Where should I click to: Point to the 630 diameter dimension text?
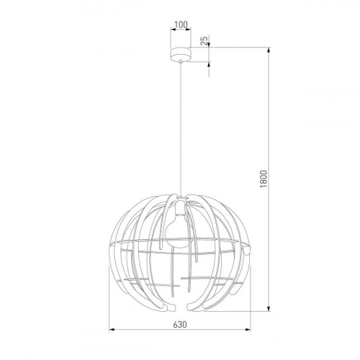(x=180, y=324)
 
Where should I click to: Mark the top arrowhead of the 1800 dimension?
(x=271, y=50)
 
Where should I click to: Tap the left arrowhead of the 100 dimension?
(x=171, y=31)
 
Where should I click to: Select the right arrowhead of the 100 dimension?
(x=189, y=31)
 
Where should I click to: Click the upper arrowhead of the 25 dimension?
(x=210, y=48)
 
